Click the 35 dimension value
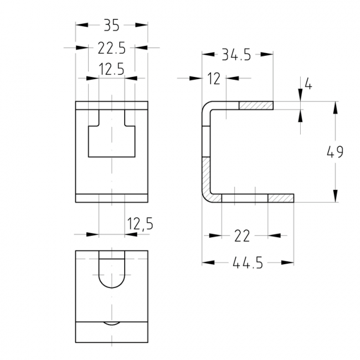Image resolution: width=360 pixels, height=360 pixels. click(111, 25)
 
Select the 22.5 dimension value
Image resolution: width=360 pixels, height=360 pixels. click(111, 48)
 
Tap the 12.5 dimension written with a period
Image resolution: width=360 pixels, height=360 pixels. click(111, 69)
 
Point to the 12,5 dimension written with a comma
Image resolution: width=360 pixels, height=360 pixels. click(140, 224)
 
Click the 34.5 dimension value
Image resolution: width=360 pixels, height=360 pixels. click(236, 55)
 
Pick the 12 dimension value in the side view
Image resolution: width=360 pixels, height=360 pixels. click(214, 79)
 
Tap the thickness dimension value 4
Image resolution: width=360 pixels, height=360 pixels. click(308, 85)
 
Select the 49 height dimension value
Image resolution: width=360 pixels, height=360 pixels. click(335, 152)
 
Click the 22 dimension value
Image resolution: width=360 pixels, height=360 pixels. click(242, 236)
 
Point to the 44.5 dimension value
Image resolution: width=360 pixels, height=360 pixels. click(248, 263)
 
